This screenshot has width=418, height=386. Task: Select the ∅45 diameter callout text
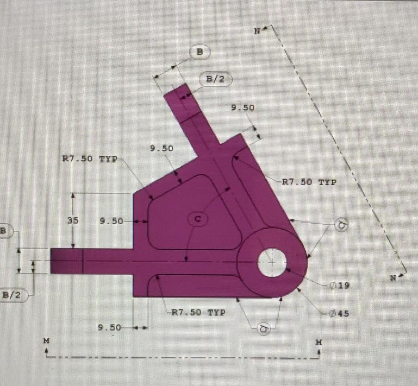(340, 313)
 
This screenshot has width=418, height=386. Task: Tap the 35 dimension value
(73, 220)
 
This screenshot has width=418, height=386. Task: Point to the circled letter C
(198, 219)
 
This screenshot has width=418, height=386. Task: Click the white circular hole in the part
(271, 263)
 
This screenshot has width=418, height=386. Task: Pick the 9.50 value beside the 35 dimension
(111, 221)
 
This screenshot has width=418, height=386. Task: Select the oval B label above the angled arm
(199, 52)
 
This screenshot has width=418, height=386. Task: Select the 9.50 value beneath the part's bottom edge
(109, 327)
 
